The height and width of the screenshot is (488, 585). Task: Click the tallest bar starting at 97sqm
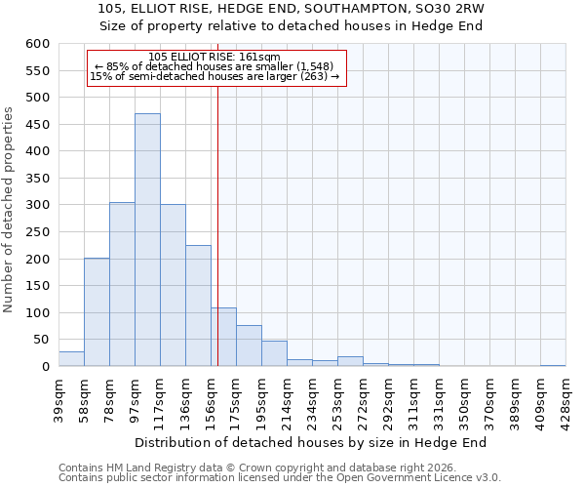(x=147, y=240)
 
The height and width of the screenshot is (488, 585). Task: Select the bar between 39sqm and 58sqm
(x=71, y=358)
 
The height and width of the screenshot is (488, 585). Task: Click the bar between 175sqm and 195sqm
(x=249, y=346)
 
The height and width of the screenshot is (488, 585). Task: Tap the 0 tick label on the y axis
(x=45, y=367)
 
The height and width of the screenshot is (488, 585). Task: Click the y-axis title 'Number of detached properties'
(x=10, y=211)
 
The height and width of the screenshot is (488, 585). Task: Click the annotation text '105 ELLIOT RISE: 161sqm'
(x=214, y=58)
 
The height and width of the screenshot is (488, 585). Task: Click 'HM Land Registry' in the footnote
(x=152, y=468)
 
